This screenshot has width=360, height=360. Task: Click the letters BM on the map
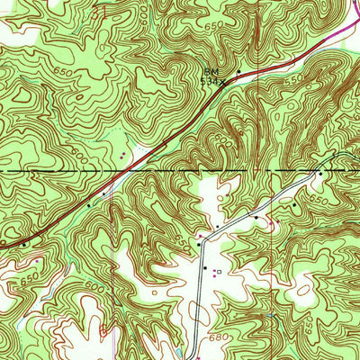211,69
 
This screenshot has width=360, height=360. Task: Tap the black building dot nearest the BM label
238,71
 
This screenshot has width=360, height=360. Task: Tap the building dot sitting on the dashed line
319,170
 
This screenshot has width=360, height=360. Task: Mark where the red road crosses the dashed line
129,169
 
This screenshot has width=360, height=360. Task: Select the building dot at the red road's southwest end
24,243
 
